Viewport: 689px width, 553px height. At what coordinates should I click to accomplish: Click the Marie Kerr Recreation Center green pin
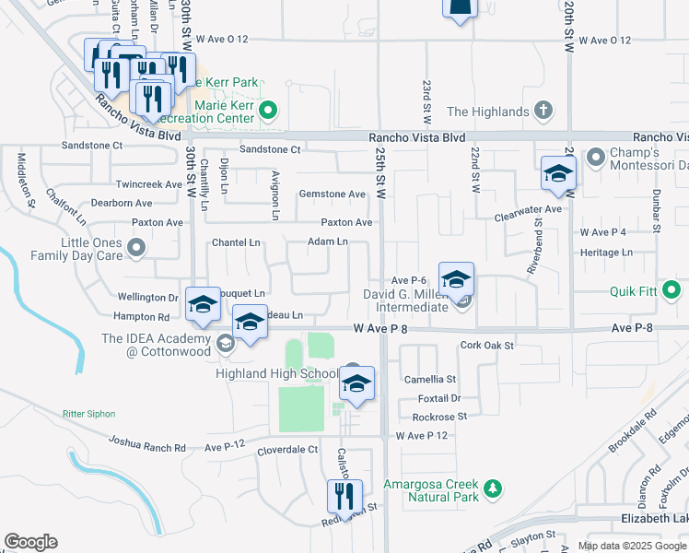point(268,112)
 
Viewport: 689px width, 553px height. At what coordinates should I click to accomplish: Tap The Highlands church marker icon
point(543,112)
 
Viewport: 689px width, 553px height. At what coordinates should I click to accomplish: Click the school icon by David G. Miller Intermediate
point(456,280)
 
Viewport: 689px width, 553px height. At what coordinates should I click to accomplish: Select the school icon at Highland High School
point(356,385)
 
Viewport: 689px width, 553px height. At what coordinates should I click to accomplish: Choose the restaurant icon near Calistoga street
point(344,498)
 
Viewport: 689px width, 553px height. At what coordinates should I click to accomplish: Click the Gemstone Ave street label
point(333,194)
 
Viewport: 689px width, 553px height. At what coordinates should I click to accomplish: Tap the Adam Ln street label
point(327,242)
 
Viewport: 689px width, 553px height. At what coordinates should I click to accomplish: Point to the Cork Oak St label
point(486,346)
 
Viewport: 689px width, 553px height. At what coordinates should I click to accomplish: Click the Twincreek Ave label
point(148,184)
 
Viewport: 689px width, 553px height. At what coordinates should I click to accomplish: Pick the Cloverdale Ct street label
point(287,451)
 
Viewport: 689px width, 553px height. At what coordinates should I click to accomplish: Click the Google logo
point(30,542)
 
